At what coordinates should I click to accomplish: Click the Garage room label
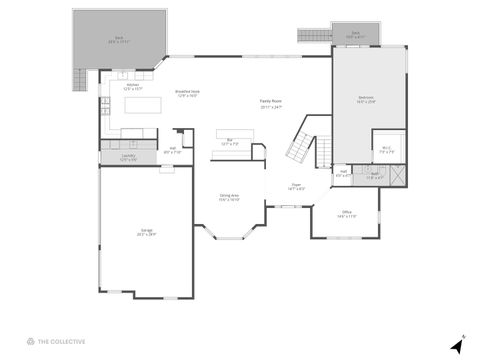click(147, 233)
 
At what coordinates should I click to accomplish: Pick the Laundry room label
click(128, 158)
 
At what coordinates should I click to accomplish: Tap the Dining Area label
click(229, 197)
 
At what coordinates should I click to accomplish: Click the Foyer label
click(296, 186)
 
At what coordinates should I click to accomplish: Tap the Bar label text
click(229, 141)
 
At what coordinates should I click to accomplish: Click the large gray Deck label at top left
click(118, 40)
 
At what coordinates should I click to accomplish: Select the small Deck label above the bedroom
click(355, 34)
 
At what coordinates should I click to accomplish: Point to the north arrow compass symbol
click(457, 344)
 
